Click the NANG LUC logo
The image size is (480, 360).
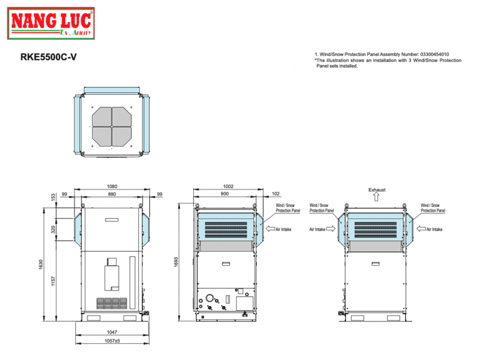(52, 23)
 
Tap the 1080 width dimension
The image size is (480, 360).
(112, 186)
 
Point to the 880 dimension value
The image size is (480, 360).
(112, 194)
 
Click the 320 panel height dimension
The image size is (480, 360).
(53, 230)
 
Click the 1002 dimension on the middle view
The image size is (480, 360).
(228, 186)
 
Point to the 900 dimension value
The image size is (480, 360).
(225, 194)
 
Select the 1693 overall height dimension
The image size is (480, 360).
(176, 262)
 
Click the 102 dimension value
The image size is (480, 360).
(275, 194)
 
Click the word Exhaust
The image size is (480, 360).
(376, 190)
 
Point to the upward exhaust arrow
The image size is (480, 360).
(376, 198)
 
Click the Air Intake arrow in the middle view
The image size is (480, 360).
(270, 229)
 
